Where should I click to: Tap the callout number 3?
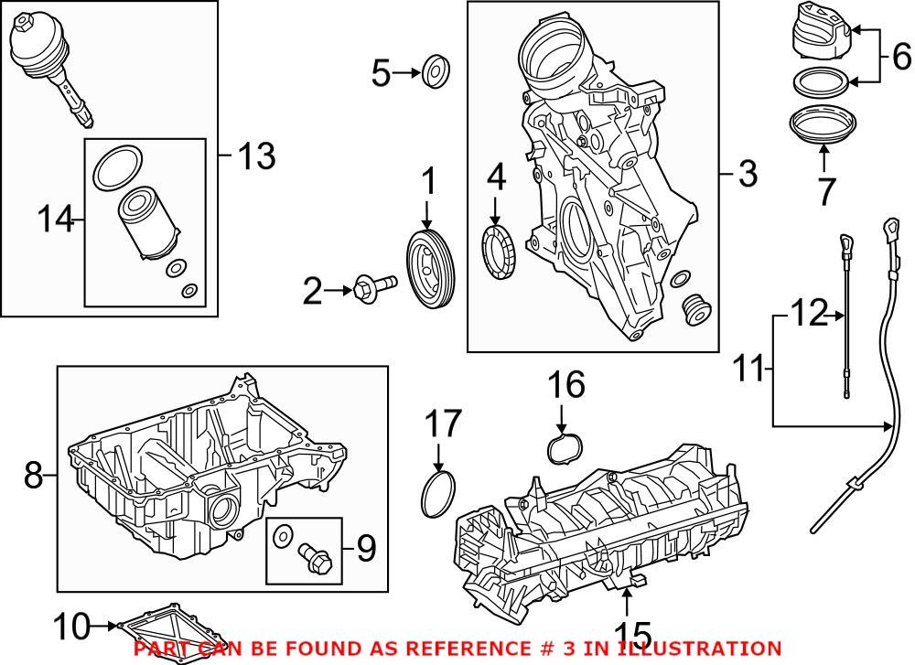click(748, 173)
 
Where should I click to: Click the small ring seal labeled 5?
click(437, 72)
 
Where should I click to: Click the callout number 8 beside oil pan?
click(33, 475)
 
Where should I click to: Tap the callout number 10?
click(74, 627)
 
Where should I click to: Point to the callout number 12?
click(807, 314)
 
